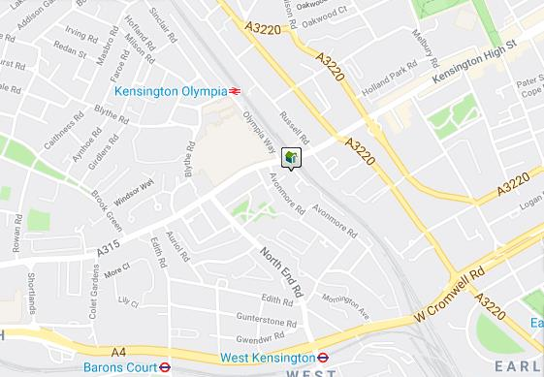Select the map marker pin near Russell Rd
(x=291, y=157)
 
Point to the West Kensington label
(x=264, y=357)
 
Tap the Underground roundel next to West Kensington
(x=325, y=357)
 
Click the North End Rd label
(x=281, y=271)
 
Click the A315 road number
(x=108, y=250)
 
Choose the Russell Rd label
(x=294, y=127)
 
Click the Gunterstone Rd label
(x=266, y=321)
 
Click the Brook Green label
(x=104, y=196)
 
